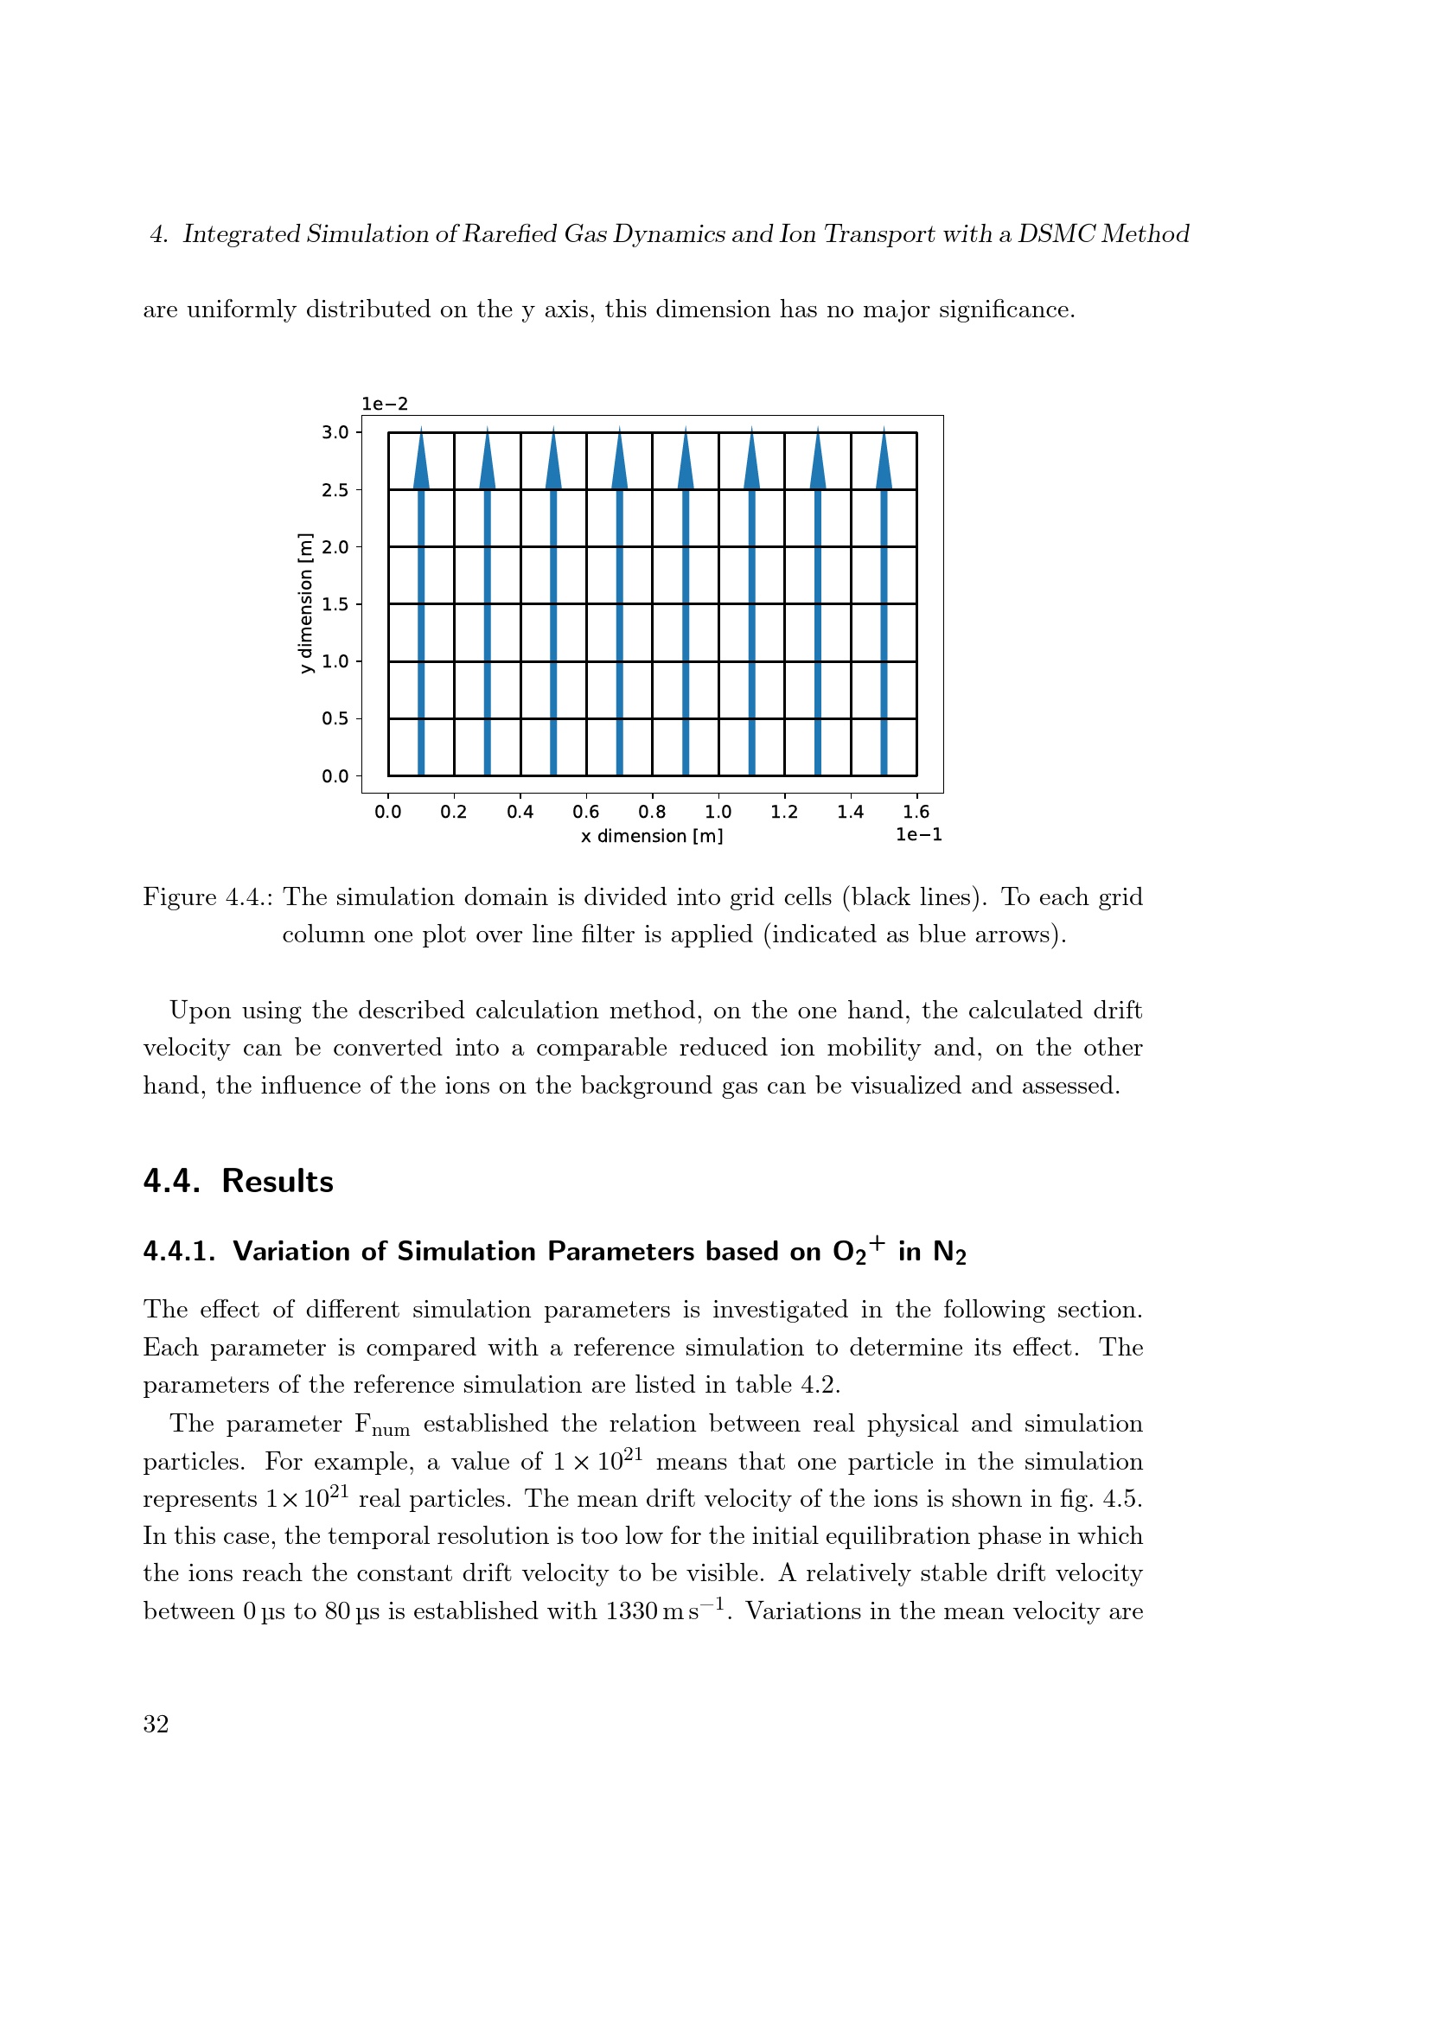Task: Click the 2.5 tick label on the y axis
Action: pos(335,490)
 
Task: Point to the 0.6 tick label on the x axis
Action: pos(585,812)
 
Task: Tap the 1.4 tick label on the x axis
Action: pos(850,812)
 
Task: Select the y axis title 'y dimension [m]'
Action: pos(305,603)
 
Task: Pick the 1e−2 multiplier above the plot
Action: pos(385,405)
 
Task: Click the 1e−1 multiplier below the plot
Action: pos(918,835)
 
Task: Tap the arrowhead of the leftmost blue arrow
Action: pos(422,462)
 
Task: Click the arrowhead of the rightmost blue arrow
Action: pos(884,462)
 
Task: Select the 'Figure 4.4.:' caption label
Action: pos(207,897)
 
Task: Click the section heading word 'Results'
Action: pos(278,1182)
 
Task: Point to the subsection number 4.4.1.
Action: pos(179,1253)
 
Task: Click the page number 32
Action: pos(156,1725)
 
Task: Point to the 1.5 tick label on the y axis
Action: pos(335,605)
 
